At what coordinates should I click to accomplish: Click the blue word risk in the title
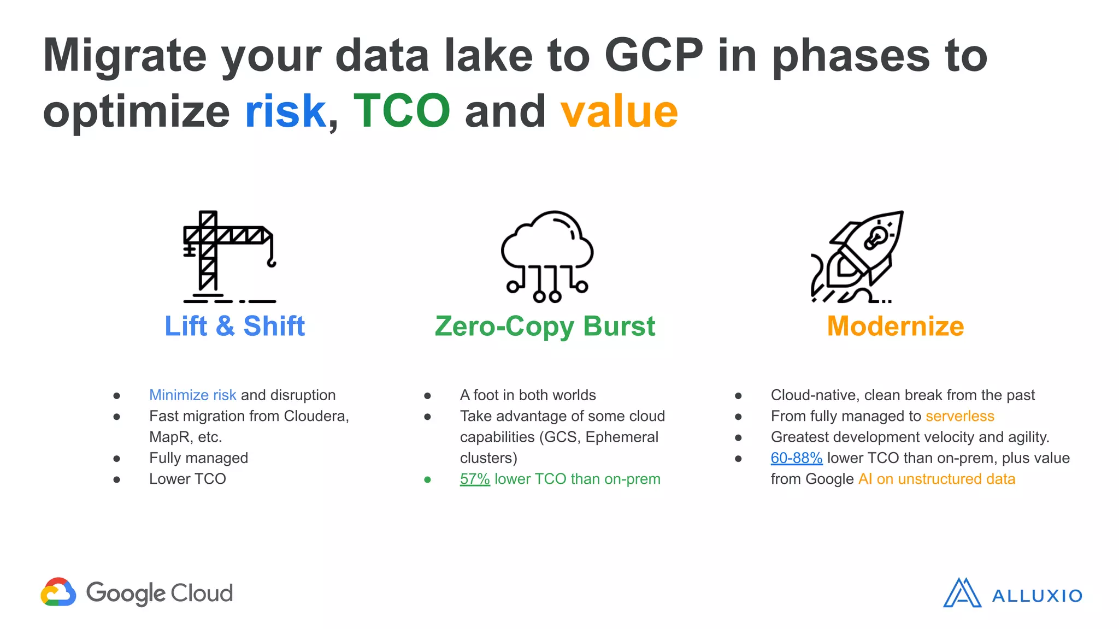pyautogui.click(x=285, y=111)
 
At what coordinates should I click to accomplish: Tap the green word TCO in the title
pyautogui.click(x=402, y=111)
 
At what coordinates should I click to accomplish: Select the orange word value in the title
pyautogui.click(x=619, y=111)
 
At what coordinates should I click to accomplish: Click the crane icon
pyautogui.click(x=228, y=257)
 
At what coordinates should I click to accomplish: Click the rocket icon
pyautogui.click(x=857, y=257)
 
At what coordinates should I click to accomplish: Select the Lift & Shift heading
pyautogui.click(x=235, y=326)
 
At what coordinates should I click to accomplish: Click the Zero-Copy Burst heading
pyautogui.click(x=545, y=326)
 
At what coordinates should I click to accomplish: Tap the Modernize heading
pyautogui.click(x=896, y=326)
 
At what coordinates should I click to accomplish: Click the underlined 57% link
pyautogui.click(x=475, y=479)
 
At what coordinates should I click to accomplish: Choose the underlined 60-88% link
pyautogui.click(x=796, y=458)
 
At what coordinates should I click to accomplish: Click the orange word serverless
pyautogui.click(x=959, y=416)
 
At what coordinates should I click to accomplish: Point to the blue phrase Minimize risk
pyautogui.click(x=192, y=395)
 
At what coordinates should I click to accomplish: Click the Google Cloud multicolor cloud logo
pyautogui.click(x=58, y=592)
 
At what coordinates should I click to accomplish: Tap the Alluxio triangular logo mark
pyautogui.click(x=962, y=593)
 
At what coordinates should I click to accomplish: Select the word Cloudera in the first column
pyautogui.click(x=316, y=416)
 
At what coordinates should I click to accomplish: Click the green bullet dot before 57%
pyautogui.click(x=427, y=479)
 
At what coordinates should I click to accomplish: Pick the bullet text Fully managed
pyautogui.click(x=198, y=458)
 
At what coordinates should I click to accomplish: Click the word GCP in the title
pyautogui.click(x=654, y=55)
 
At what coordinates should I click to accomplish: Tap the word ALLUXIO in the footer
pyautogui.click(x=1036, y=596)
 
